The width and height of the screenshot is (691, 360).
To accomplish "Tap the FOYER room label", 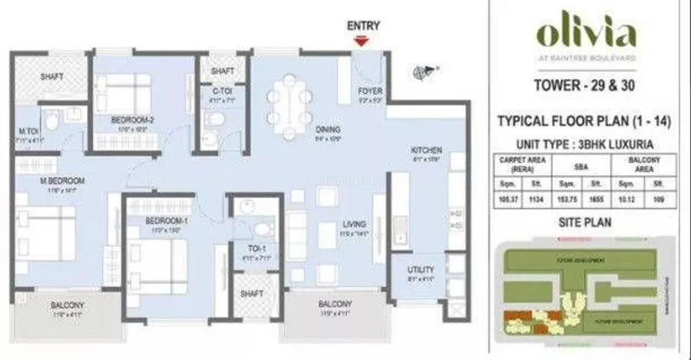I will tap(370, 91).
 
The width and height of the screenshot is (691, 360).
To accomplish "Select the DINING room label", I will tap(327, 130).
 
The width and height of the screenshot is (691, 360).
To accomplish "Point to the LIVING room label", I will tap(355, 225).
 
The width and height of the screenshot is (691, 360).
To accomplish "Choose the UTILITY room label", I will tap(421, 270).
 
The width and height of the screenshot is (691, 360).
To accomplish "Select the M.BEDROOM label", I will tap(62, 181).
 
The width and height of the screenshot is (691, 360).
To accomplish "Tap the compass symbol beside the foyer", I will tap(420, 74).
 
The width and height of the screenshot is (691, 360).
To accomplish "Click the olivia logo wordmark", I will tap(586, 35).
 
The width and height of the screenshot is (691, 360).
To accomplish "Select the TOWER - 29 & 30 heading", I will tap(587, 86).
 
